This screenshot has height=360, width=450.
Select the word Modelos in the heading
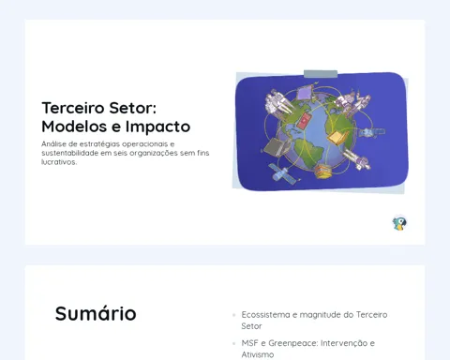74,127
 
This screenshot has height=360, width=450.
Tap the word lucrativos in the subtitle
59,162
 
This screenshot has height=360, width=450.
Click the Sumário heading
96,313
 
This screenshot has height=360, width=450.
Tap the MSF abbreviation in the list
249,343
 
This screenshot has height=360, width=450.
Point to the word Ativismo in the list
258,354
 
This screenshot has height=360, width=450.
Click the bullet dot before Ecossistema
234,315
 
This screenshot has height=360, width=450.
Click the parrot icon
399,223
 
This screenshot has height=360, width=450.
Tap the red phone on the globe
303,121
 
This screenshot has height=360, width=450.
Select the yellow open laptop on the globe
337,138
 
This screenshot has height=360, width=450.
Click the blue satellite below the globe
282,173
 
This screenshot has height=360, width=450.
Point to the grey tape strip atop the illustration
321,74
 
